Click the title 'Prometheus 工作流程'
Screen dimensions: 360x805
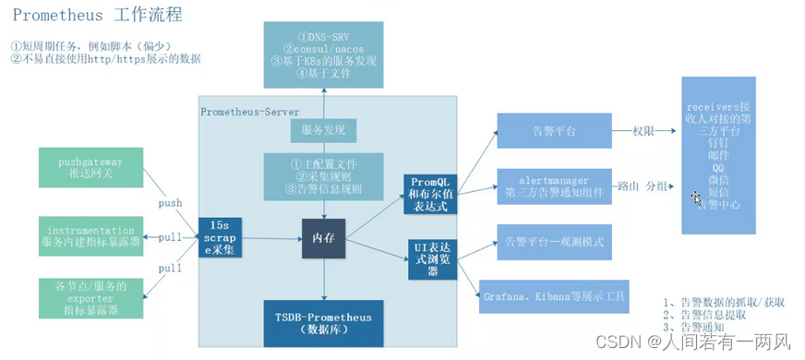97,16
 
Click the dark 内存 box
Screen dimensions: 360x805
323,238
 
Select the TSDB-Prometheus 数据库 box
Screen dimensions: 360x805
323,323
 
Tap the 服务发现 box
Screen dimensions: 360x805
323,130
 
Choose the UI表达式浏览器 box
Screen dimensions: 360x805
432,259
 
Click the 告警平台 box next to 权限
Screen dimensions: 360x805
553,131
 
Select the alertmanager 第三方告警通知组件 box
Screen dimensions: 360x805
553,186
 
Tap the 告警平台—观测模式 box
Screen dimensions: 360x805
553,242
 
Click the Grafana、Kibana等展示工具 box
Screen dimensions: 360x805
554,296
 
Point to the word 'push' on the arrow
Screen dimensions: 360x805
170,203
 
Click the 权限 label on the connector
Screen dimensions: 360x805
643,131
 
